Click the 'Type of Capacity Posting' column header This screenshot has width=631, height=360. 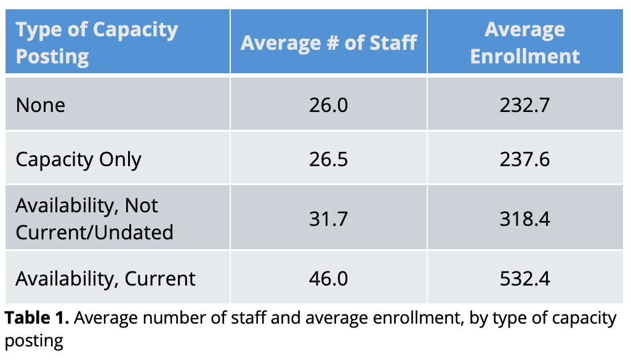click(97, 42)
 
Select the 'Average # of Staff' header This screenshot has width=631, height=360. click(329, 42)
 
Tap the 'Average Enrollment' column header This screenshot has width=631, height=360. click(524, 42)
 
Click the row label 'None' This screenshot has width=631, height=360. click(41, 105)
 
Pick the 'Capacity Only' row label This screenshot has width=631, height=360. click(79, 159)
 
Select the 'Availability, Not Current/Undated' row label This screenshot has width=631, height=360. click(94, 218)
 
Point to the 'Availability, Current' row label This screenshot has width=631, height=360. click(105, 278)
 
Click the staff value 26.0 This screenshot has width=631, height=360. click(329, 105)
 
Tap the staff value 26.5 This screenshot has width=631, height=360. click(329, 159)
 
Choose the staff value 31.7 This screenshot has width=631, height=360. click(329, 218)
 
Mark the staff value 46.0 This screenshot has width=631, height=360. click(329, 278)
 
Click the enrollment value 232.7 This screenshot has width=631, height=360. click(524, 105)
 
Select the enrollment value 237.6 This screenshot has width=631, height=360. click(524, 159)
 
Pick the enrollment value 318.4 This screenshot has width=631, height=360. click(524, 218)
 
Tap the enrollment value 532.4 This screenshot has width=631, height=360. click(524, 278)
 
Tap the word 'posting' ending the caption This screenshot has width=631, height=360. click(34, 340)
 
